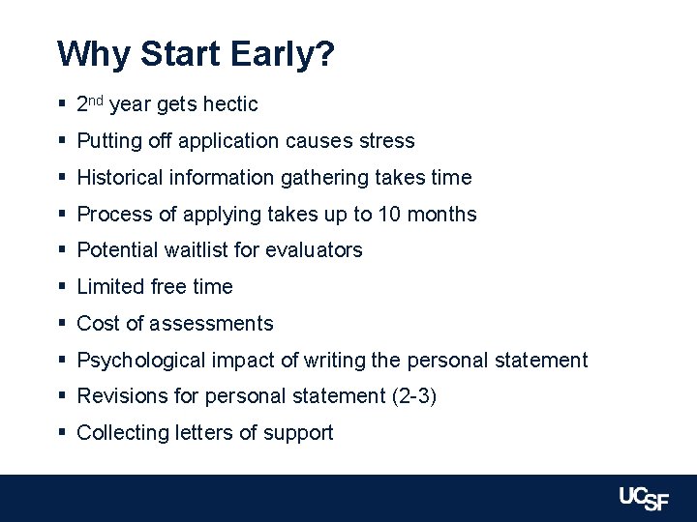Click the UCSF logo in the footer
[646, 499]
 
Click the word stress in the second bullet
[386, 141]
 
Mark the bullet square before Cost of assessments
[61, 324]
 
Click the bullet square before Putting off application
[61, 141]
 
